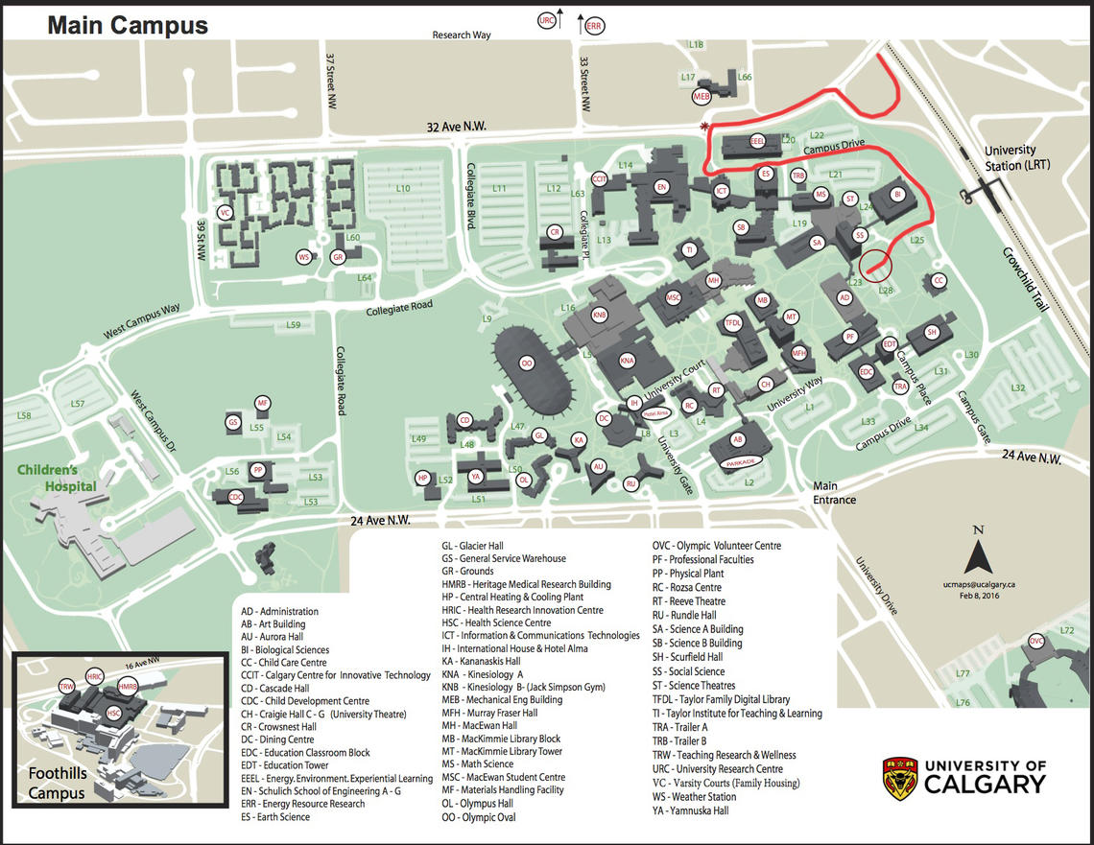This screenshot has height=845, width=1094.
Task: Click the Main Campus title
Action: tap(128, 25)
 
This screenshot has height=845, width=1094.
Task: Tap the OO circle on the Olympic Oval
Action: tap(527, 364)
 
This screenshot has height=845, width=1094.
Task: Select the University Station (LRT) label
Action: tap(1010, 157)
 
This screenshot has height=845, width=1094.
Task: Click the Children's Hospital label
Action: tap(59, 478)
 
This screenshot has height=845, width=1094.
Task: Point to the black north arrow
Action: tap(978, 555)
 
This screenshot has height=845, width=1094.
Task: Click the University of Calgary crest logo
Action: tap(900, 778)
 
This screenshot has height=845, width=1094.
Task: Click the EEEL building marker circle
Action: tap(757, 140)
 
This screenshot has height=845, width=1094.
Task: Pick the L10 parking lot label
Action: tap(403, 188)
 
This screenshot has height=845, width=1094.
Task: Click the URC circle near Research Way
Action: tap(548, 21)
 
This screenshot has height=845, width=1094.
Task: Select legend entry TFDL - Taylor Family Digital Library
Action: tap(721, 699)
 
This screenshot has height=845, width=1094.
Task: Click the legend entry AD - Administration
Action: tap(279, 611)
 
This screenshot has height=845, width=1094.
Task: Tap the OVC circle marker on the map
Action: tap(1036, 641)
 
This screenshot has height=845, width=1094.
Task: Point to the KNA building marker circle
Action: tap(628, 360)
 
